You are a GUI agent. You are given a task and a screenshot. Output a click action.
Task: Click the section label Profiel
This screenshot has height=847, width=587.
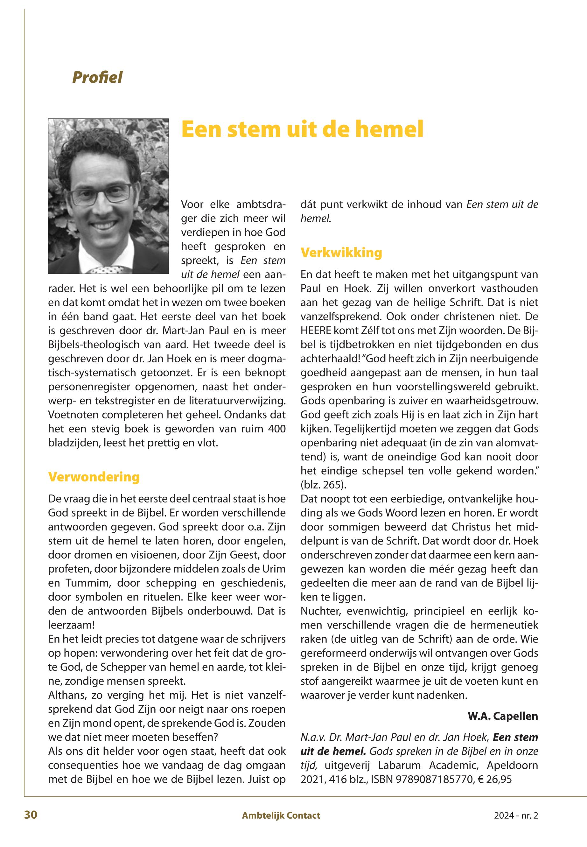(97, 77)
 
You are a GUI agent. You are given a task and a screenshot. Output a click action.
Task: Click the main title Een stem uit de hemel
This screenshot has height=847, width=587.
(302, 129)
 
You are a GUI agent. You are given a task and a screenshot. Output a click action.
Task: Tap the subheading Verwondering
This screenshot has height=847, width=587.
(94, 477)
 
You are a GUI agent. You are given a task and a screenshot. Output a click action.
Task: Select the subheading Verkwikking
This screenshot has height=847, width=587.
(341, 253)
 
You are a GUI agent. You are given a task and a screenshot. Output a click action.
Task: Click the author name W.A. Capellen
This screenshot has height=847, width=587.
(502, 716)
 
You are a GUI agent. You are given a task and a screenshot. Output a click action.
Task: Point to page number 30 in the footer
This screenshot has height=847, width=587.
(31, 815)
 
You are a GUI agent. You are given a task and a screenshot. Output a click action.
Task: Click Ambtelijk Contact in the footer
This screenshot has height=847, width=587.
(281, 815)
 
